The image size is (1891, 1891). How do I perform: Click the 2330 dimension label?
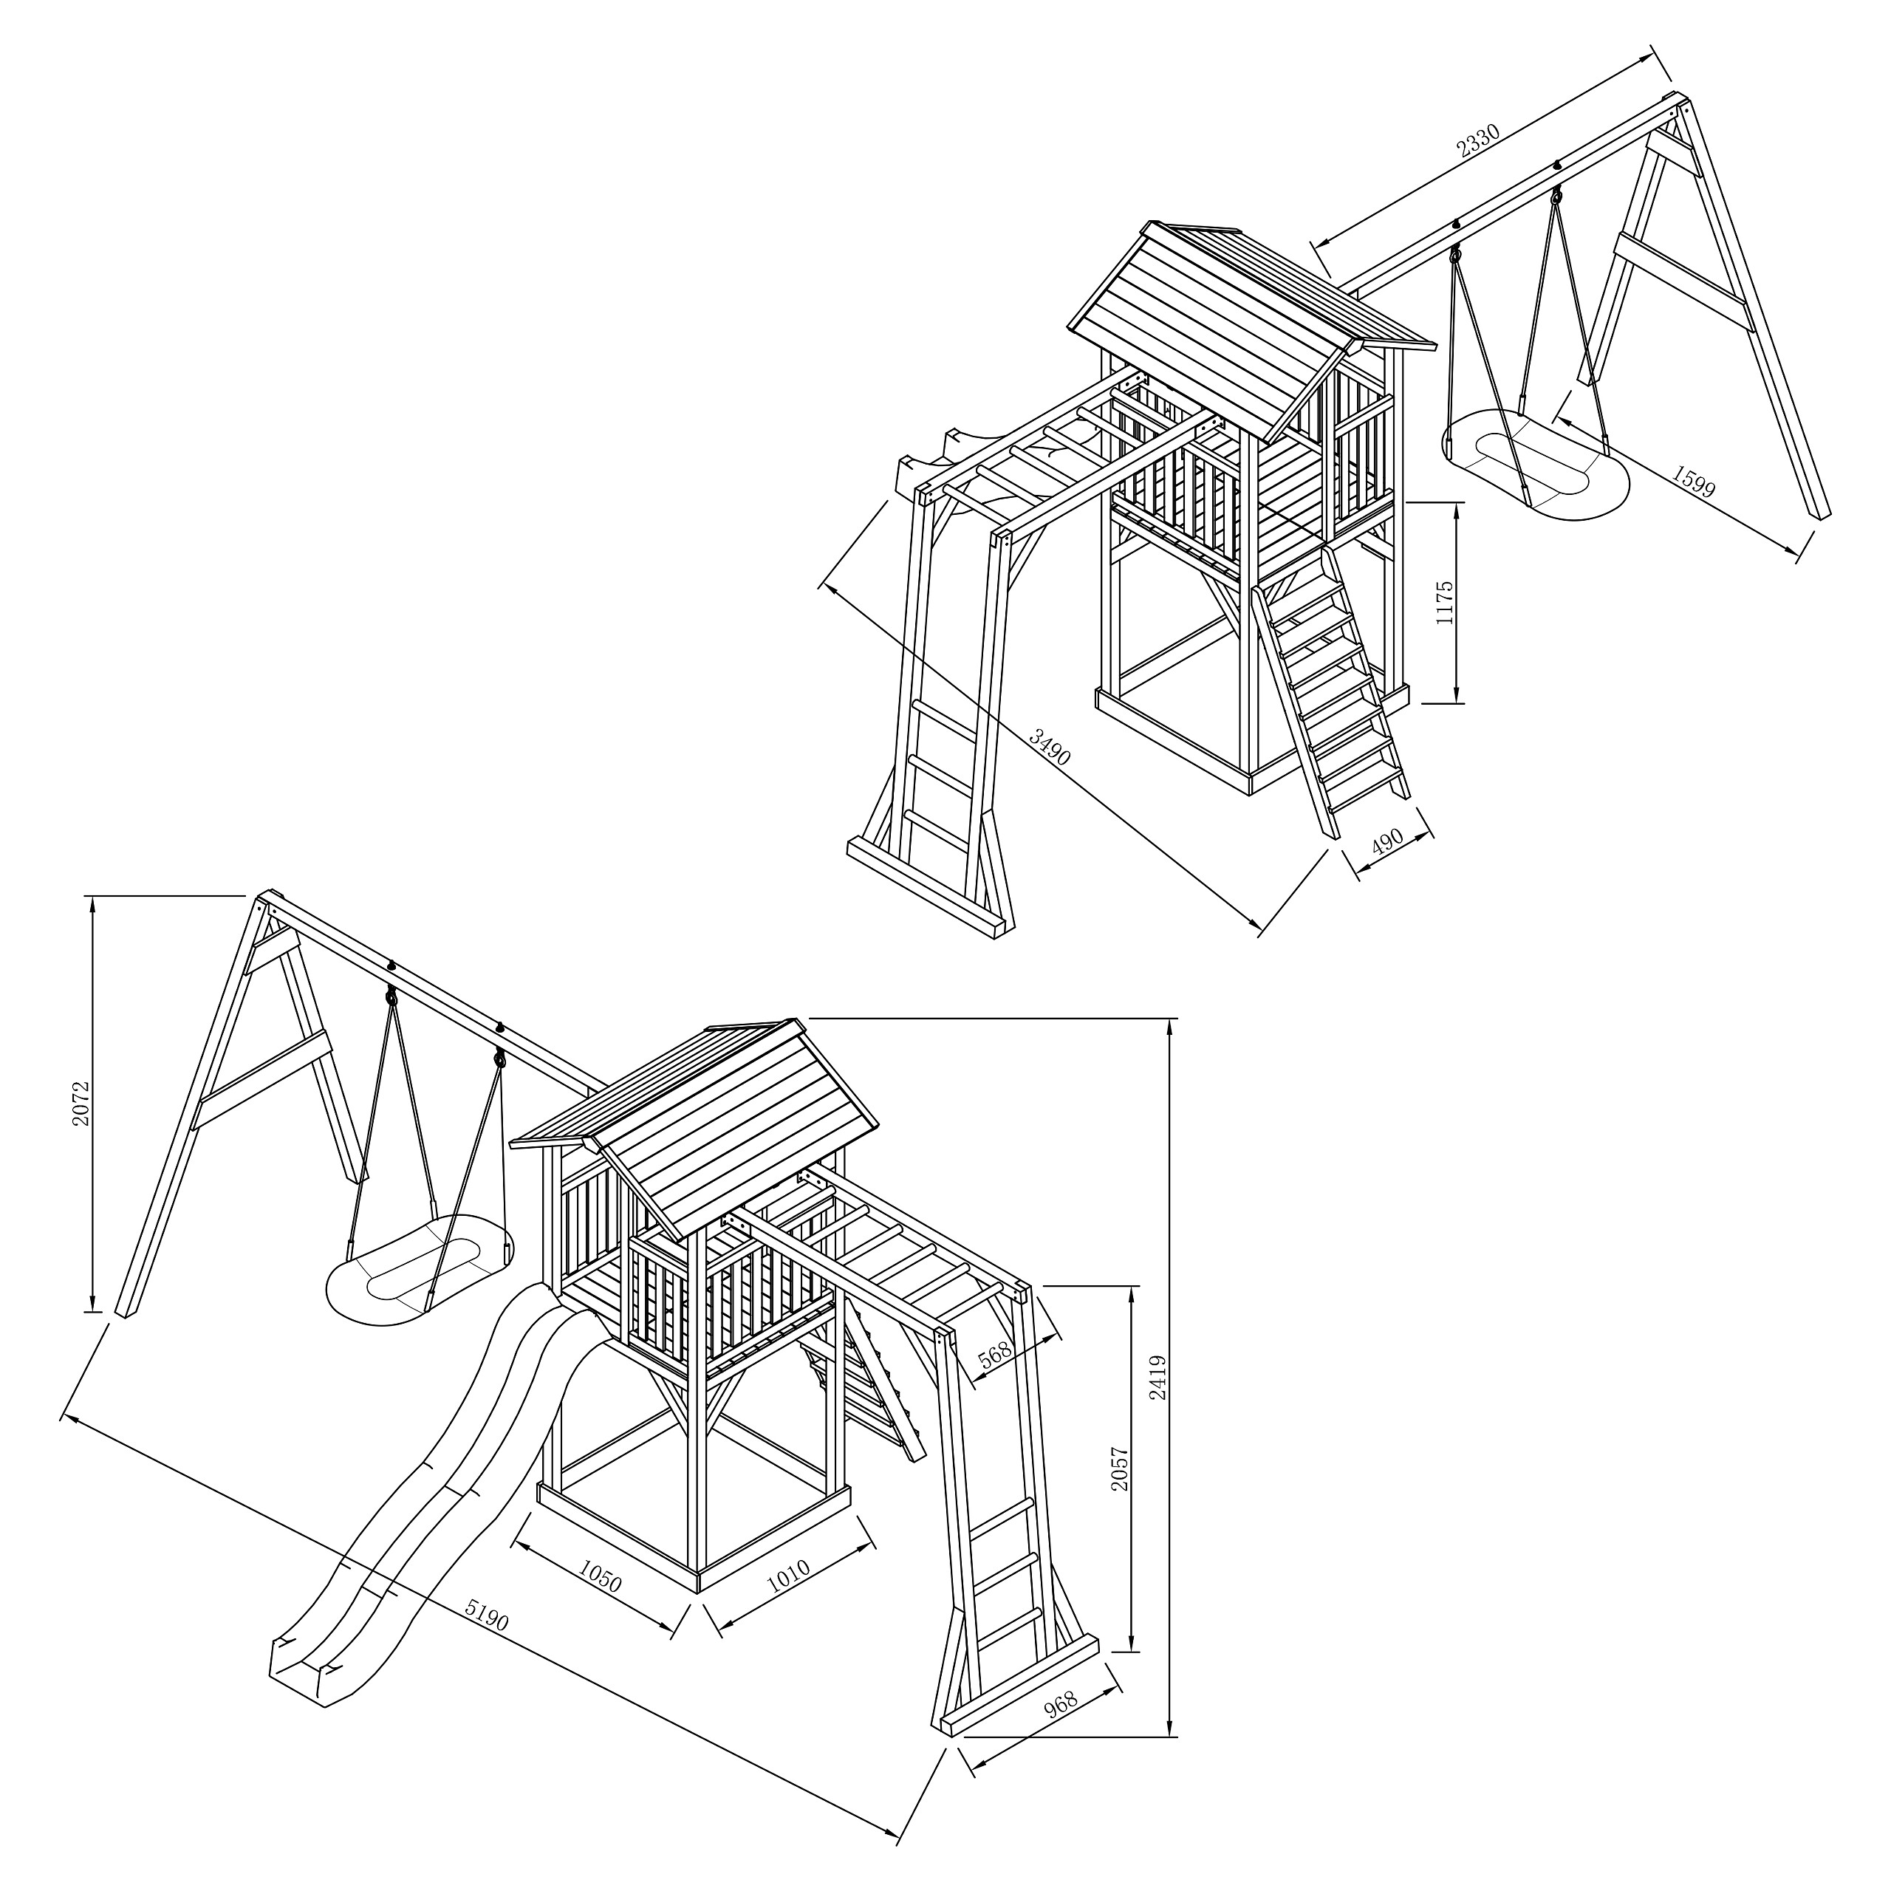point(1478,142)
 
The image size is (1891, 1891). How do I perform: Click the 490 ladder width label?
point(1386,842)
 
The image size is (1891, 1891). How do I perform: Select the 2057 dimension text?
point(1121,1469)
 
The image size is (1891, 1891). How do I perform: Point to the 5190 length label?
point(487,1616)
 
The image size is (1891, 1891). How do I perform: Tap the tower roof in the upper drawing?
point(1235,322)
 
